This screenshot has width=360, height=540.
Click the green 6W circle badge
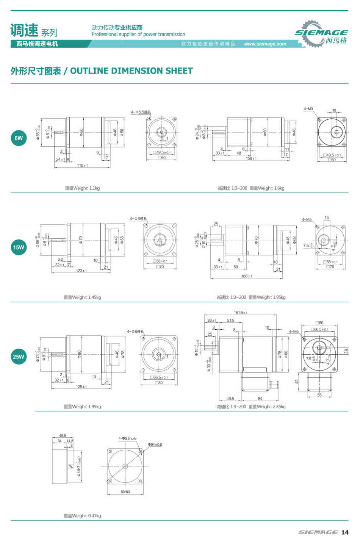[x=19, y=138]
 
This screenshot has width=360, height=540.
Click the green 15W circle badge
[x=19, y=247]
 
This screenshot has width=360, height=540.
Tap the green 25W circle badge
[x=18, y=357]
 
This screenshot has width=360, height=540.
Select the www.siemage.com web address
[x=265, y=44]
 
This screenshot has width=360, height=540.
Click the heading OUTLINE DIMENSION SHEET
[x=131, y=71]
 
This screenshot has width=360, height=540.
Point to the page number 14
[x=344, y=532]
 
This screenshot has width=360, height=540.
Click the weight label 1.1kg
[x=94, y=188]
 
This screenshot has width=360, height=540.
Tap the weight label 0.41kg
[x=94, y=516]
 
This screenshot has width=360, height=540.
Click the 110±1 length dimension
[x=82, y=166]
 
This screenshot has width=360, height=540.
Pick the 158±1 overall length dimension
[x=251, y=158]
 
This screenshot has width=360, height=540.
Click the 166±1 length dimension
[x=247, y=276]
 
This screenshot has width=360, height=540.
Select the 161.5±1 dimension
[x=241, y=313]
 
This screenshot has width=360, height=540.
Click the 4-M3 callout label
[x=308, y=109]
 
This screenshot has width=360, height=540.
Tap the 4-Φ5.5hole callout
[x=127, y=438]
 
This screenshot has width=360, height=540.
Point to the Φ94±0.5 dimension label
[x=155, y=445]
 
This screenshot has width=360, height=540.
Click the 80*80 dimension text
[x=125, y=492]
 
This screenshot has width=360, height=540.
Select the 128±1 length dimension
[x=81, y=387]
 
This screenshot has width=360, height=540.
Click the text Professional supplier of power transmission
[x=138, y=34]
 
